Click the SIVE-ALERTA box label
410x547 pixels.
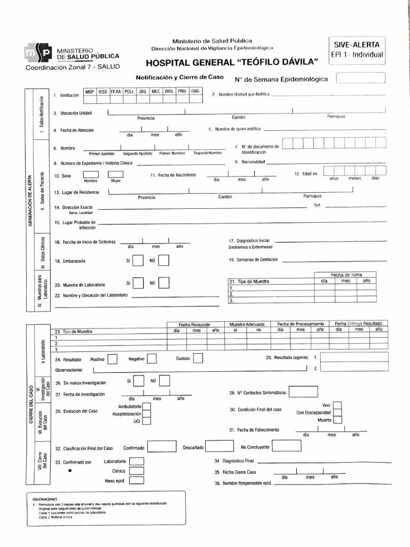coord(357,45)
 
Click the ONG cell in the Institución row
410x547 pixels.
coord(195,91)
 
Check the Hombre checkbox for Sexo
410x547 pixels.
coord(91,175)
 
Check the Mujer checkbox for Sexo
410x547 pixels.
coord(116,175)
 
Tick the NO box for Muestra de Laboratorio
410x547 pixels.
coord(164,283)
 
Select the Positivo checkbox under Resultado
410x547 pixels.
coord(112,359)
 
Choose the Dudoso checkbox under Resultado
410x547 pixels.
coord(198,359)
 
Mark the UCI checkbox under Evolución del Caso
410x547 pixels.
coord(146,421)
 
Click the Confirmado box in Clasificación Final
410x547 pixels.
coord(162,447)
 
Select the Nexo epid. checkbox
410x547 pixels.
coord(137,480)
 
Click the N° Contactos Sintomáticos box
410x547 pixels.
coord(303,392)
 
